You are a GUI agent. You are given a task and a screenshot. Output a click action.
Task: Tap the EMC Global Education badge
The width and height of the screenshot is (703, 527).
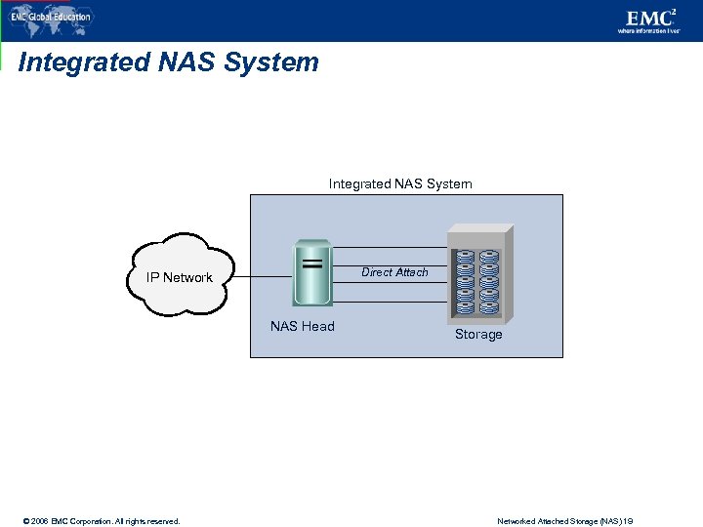point(51,17)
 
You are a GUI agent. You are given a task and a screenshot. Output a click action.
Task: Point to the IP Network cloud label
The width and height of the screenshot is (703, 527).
point(180,277)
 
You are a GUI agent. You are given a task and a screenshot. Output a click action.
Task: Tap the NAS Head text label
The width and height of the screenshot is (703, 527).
point(302,326)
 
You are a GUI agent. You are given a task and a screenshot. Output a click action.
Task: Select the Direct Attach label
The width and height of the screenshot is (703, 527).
point(394,272)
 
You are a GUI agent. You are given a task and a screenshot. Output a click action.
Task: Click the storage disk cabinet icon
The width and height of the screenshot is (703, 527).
point(477,276)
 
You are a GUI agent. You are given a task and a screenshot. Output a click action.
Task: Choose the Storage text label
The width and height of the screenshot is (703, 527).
point(478,335)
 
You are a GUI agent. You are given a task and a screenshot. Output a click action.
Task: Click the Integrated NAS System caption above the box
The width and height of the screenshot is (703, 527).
point(400,183)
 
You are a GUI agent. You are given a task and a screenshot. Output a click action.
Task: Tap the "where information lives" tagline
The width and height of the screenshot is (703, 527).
point(647,31)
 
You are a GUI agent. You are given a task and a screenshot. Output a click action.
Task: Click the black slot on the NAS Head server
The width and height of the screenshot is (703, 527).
point(313,263)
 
